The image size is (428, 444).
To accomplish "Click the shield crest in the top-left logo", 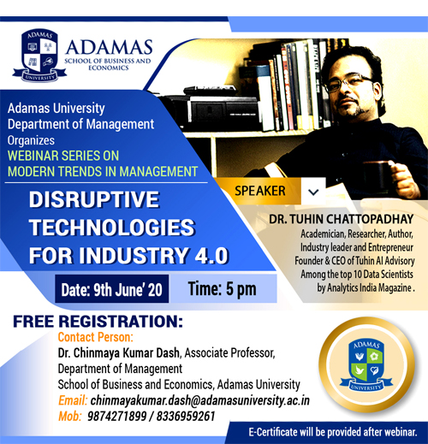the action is [x=39, y=55].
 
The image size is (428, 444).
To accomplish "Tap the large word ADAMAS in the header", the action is [x=109, y=47].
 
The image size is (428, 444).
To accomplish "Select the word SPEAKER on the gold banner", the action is [x=260, y=191].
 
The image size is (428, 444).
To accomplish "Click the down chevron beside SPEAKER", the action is [x=313, y=192].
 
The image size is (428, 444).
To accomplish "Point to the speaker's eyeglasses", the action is [x=348, y=82].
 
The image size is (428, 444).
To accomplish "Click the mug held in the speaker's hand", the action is [x=377, y=175].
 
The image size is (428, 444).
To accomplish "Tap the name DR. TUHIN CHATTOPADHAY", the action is [x=342, y=219].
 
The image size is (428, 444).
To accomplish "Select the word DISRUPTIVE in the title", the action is [x=94, y=199].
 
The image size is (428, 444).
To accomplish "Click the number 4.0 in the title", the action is [x=211, y=255].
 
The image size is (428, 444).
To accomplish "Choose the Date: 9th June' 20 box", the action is [x=112, y=289].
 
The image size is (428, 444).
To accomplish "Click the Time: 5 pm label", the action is [x=222, y=289].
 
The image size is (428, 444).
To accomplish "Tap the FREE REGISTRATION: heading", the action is [x=98, y=322].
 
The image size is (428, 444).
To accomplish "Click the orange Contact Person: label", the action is [x=96, y=337].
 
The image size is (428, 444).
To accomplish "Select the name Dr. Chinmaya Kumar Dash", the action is [x=119, y=353].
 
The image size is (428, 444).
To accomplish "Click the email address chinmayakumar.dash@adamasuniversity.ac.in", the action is [x=200, y=400].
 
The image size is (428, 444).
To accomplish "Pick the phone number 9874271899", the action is [x=117, y=417].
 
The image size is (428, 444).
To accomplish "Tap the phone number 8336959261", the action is [x=186, y=417].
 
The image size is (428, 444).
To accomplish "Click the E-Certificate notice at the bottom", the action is [x=333, y=432].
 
